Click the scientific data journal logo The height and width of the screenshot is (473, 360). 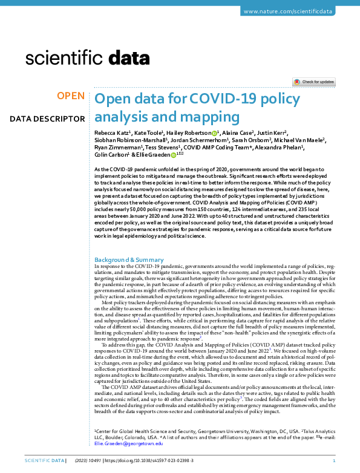[x=88, y=58]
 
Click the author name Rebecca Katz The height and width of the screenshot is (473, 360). [x=112, y=132]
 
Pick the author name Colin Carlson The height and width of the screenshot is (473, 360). [x=112, y=155]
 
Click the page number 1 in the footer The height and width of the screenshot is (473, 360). [x=342, y=461]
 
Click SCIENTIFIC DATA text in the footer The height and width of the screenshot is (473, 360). [x=44, y=461]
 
